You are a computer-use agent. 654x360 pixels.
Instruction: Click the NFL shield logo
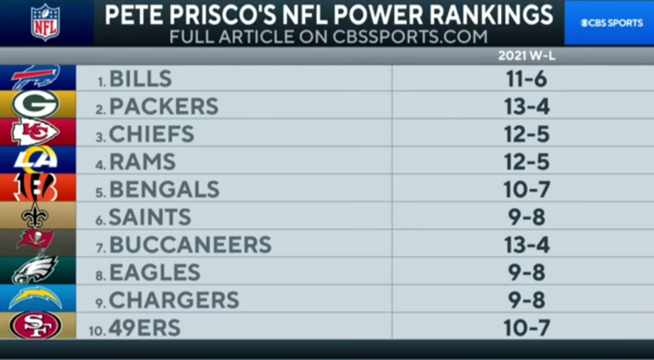click(45, 22)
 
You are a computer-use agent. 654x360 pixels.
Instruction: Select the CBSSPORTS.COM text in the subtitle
click(410, 36)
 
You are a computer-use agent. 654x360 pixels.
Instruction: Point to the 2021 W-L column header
click(526, 56)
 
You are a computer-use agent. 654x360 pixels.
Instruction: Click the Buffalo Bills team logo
click(35, 78)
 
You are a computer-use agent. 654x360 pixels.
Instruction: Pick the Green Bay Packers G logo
click(35, 105)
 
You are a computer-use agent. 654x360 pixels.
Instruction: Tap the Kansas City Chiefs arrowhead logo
click(35, 133)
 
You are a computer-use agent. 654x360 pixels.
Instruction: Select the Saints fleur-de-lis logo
click(35, 216)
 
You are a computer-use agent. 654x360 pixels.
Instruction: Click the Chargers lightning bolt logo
click(35, 298)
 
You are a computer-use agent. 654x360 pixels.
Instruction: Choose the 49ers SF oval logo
click(35, 326)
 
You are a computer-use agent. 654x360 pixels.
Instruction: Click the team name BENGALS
click(165, 189)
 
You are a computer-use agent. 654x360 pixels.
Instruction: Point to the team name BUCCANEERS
click(190, 244)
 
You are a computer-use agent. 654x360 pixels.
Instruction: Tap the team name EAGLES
click(154, 272)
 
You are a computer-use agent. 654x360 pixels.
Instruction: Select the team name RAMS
click(142, 162)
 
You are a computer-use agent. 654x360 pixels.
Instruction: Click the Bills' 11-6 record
click(525, 79)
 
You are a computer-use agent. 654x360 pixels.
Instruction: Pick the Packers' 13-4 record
click(525, 106)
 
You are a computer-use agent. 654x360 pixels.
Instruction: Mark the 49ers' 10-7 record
click(525, 328)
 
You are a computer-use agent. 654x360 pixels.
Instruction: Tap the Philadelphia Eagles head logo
click(35, 271)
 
